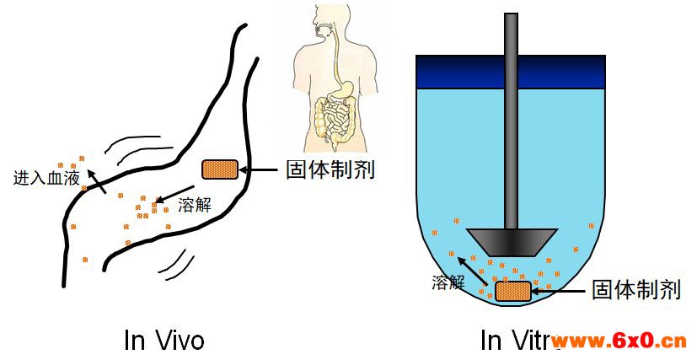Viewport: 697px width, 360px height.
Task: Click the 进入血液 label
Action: coord(46,178)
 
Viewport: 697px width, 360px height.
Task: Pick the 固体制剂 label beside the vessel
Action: coord(636,290)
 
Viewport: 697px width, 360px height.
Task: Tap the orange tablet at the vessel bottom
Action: coord(512,291)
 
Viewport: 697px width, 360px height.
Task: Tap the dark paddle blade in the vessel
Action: coord(512,241)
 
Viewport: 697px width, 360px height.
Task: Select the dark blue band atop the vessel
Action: coord(511,71)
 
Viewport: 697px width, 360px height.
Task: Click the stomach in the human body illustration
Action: coord(345,89)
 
